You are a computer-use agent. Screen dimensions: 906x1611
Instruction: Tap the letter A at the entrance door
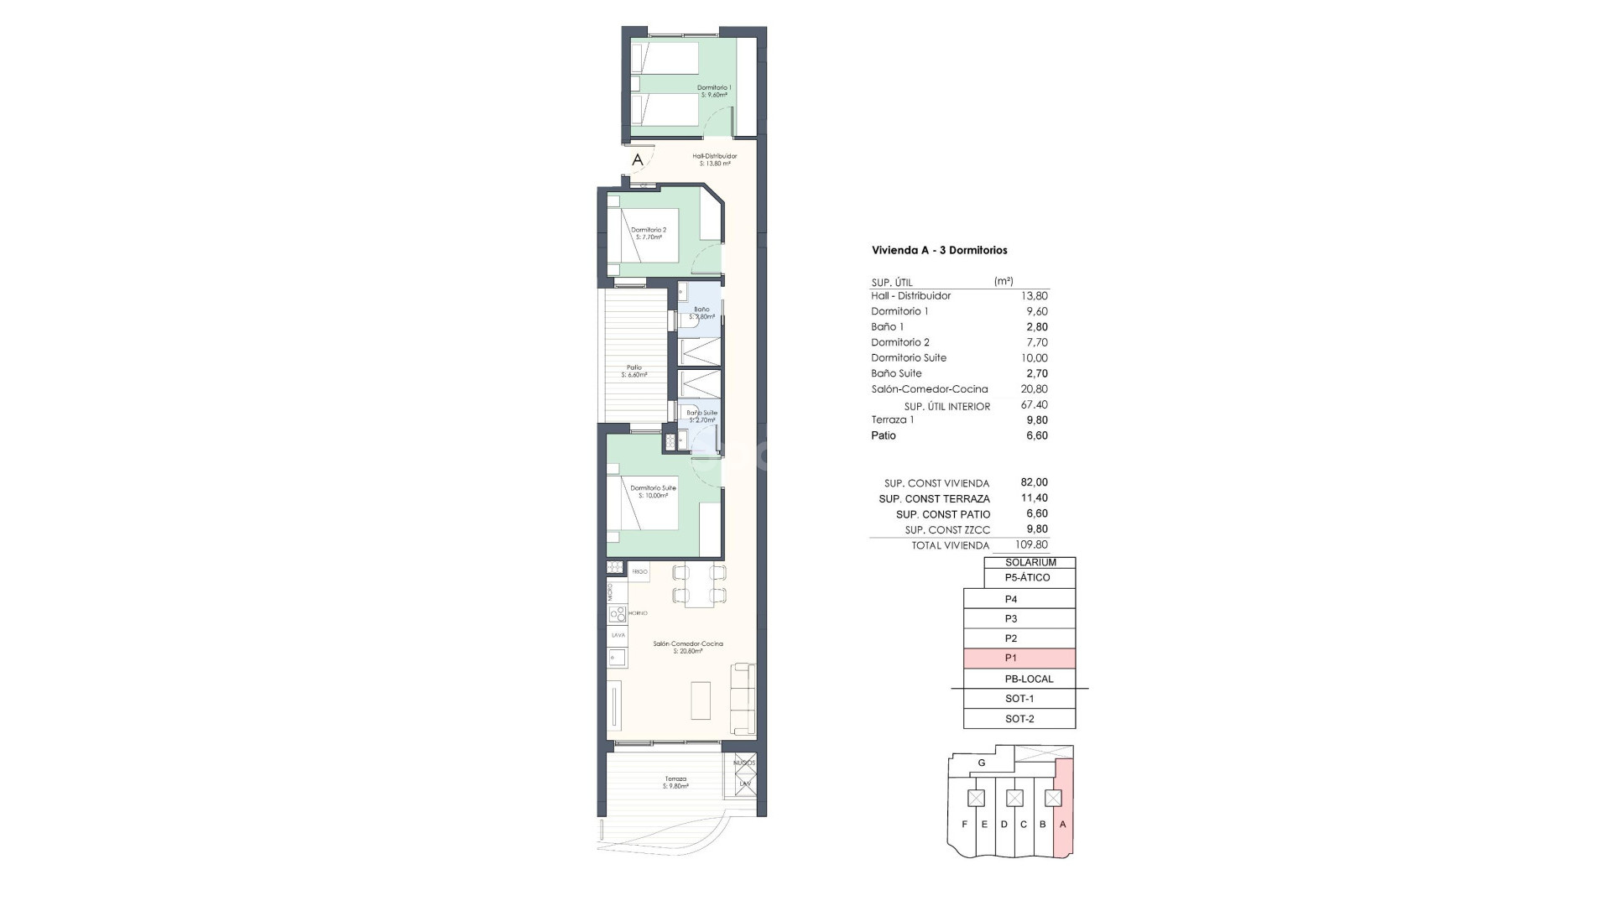(638, 159)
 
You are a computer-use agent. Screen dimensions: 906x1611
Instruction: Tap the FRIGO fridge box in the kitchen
(639, 571)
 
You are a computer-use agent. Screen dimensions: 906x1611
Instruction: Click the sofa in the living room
(743, 698)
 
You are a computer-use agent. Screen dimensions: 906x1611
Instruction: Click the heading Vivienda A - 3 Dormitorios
(939, 250)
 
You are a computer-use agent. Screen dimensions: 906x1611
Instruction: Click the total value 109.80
(1031, 545)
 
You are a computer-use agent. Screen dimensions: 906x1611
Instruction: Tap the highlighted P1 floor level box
(1019, 659)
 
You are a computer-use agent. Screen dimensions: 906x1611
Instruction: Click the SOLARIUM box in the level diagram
(1030, 563)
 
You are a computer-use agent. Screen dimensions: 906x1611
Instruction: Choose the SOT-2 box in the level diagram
(1019, 719)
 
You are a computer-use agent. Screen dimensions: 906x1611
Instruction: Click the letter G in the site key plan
(982, 763)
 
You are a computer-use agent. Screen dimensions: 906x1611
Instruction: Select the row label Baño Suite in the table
(896, 373)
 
